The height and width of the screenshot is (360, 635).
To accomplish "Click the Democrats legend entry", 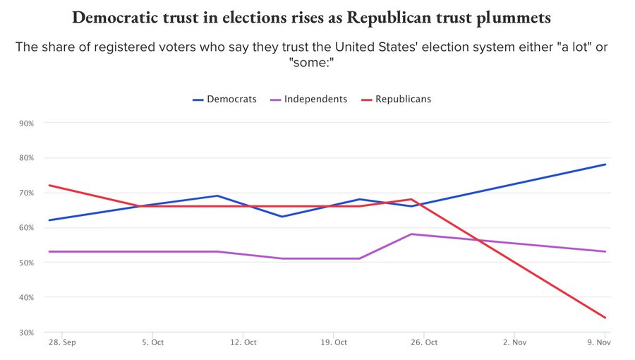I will click(x=224, y=99).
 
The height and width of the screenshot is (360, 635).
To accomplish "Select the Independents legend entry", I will click(x=308, y=99).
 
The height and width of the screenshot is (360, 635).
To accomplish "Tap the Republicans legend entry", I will click(x=396, y=99).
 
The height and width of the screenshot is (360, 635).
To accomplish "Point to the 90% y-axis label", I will click(x=27, y=124).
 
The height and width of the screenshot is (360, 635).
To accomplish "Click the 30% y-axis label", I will click(x=27, y=332).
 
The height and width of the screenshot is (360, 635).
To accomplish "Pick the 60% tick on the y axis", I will click(x=27, y=228).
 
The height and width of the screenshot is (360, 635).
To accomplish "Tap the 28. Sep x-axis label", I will click(x=62, y=342).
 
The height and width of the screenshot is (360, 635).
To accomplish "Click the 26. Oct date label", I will click(x=424, y=342).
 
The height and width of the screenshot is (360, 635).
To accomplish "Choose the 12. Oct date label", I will click(x=243, y=342).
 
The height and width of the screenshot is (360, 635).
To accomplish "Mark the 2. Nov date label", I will click(x=514, y=342).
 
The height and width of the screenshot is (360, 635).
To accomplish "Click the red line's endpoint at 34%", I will click(x=605, y=318).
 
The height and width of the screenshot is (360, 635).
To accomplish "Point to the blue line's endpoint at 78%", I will click(x=605, y=164).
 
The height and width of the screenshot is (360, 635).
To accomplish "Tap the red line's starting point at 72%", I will click(x=48, y=186).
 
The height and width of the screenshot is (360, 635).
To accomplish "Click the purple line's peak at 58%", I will click(x=411, y=234).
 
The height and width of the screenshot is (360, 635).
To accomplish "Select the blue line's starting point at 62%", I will click(x=48, y=220).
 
